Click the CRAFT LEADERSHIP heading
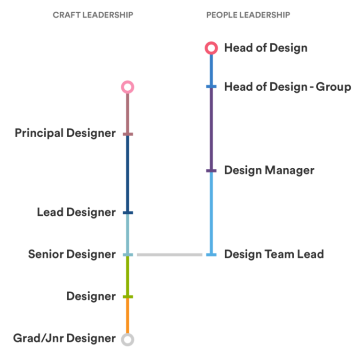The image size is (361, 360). click(x=93, y=15)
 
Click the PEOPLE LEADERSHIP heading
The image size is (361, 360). click(x=248, y=15)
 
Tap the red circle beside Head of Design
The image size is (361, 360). click(x=211, y=48)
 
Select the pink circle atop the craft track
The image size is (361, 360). click(x=127, y=87)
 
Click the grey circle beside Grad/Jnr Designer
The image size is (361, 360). click(x=127, y=339)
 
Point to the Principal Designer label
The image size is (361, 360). click(x=65, y=133)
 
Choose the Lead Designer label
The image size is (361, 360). click(x=76, y=212)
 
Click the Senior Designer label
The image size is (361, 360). click(x=71, y=254)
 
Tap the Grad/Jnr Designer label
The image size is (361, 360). click(x=64, y=338)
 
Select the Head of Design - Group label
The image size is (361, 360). click(x=287, y=87)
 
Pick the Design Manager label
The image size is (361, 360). click(x=269, y=170)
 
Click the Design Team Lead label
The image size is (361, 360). click(x=274, y=254)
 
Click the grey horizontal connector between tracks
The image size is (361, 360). click(x=169, y=255)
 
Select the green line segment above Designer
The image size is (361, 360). click(x=127, y=276)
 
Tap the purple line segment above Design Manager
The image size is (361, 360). click(x=211, y=128)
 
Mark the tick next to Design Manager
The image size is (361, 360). click(x=211, y=171)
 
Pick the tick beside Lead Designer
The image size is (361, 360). click(x=127, y=213)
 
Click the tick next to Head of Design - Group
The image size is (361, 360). click(x=211, y=86)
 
